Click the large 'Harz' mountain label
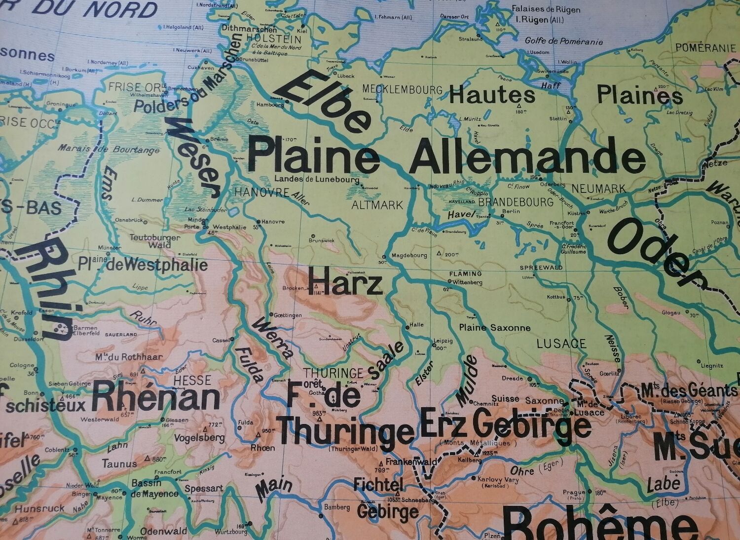point(345,283)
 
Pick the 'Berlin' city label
point(511,211)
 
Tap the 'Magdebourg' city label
point(408,256)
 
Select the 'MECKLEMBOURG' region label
point(402,89)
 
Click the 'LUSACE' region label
point(561,344)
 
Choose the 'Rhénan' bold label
point(155,397)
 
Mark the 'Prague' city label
point(574,492)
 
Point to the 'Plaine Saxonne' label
point(494,328)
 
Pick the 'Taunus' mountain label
point(119,463)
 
